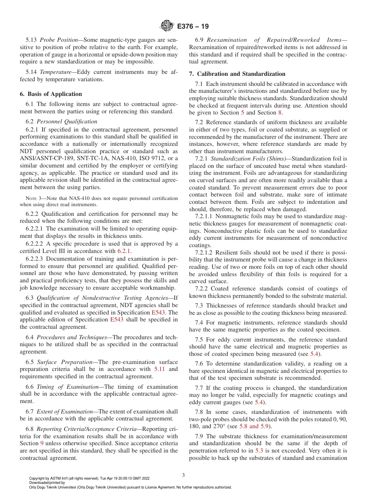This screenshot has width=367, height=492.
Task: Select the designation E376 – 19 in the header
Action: pyautogui.click(x=193, y=27)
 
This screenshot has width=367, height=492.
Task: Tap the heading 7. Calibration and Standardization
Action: pyautogui.click(x=237, y=74)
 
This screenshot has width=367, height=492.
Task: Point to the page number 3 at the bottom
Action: pyautogui.click(x=183, y=475)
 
